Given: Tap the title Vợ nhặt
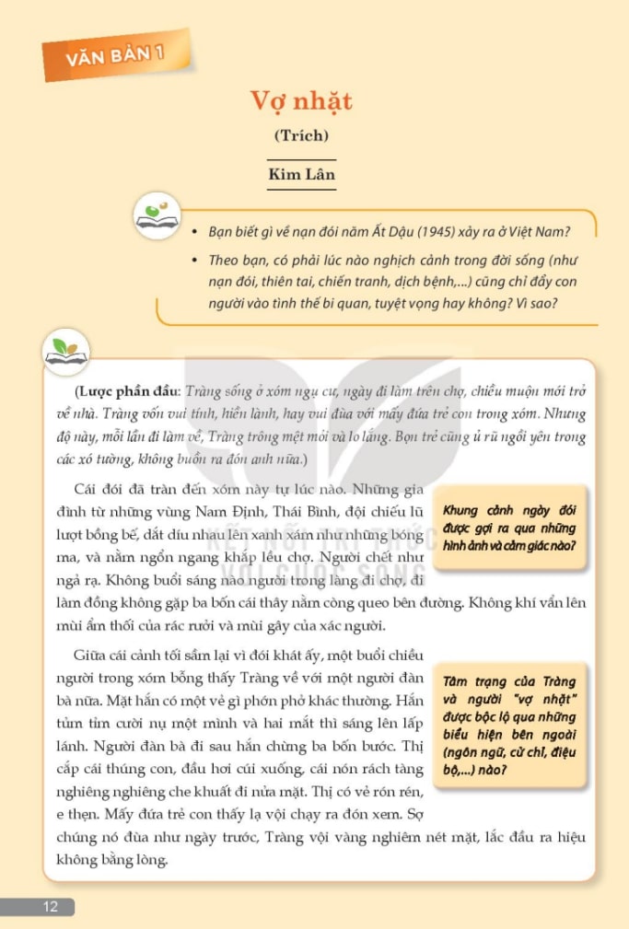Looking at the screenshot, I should coord(301,101).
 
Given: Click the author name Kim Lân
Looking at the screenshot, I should coord(301,173).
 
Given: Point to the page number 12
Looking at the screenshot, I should coord(50,907).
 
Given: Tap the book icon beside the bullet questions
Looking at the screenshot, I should coord(157,215).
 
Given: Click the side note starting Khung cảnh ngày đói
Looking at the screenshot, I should coord(509,528).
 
